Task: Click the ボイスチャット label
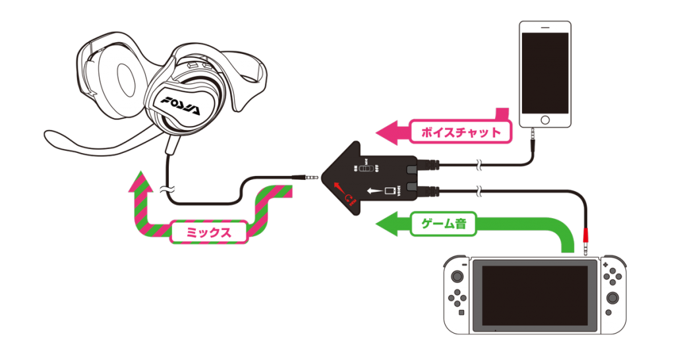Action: [460, 132]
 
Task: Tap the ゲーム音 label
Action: [443, 224]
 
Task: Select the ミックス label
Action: [208, 231]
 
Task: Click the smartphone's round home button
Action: [544, 119]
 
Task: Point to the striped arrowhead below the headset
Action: [140, 179]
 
